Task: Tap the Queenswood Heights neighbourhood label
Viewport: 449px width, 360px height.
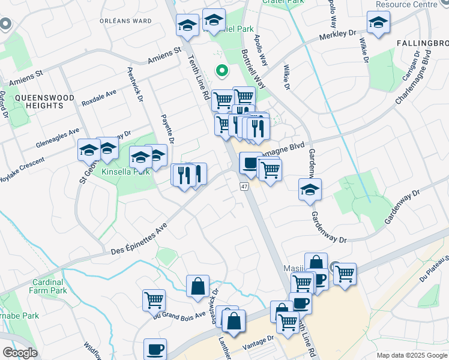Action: click(x=45, y=101)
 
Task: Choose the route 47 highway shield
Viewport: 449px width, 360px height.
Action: click(x=244, y=187)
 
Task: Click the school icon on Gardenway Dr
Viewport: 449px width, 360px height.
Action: click(x=310, y=190)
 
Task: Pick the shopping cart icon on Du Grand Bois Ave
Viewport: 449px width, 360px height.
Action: click(x=154, y=299)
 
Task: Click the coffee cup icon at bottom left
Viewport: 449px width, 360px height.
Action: click(x=155, y=349)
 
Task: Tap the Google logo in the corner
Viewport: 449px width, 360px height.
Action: click(x=20, y=353)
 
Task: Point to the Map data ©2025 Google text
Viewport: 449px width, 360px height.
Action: click(x=412, y=355)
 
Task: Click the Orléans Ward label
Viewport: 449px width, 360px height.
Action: click(x=125, y=20)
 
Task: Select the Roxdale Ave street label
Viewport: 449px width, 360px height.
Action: click(x=99, y=95)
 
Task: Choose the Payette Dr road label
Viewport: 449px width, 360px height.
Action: click(x=167, y=130)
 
